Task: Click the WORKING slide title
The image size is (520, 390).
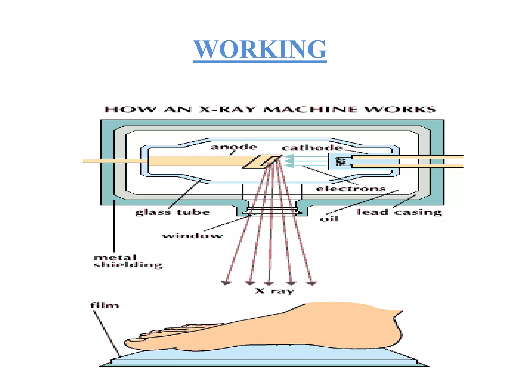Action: [x=260, y=50]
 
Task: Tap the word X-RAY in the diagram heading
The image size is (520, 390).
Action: [x=227, y=109]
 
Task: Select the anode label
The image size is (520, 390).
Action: [x=234, y=147]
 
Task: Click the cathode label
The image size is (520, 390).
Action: [x=312, y=148]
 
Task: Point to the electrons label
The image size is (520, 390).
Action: [x=351, y=189]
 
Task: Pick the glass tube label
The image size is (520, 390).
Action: [x=173, y=212]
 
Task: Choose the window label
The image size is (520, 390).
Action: [x=192, y=236]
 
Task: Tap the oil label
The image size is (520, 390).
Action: [x=329, y=219]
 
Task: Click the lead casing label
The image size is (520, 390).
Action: [x=399, y=212]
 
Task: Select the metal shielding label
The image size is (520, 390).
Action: [x=128, y=261]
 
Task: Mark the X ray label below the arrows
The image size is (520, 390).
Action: [x=274, y=291]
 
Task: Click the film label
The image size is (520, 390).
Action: [x=105, y=305]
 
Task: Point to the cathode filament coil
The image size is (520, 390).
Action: [x=340, y=161]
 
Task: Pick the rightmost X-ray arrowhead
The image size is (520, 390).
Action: [x=312, y=283]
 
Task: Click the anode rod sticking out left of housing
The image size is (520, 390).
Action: [x=91, y=161]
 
